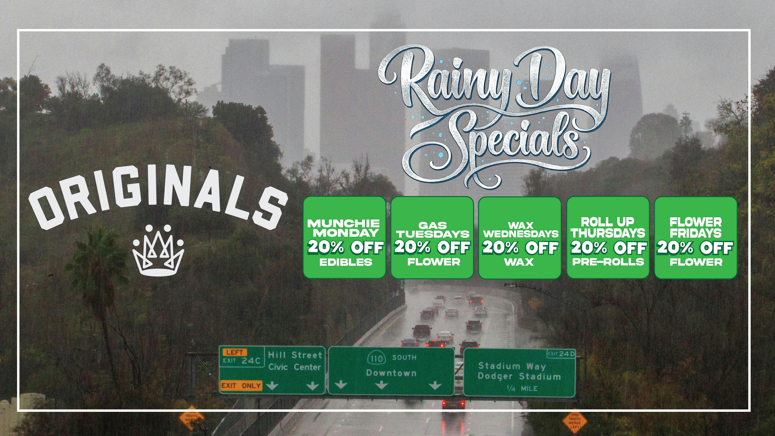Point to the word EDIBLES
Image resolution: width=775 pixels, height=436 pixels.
click(346, 262)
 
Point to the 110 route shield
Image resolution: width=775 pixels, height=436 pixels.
click(376, 358)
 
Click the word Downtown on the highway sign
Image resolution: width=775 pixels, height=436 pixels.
click(391, 373)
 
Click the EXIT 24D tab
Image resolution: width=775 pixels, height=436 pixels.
click(561, 354)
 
